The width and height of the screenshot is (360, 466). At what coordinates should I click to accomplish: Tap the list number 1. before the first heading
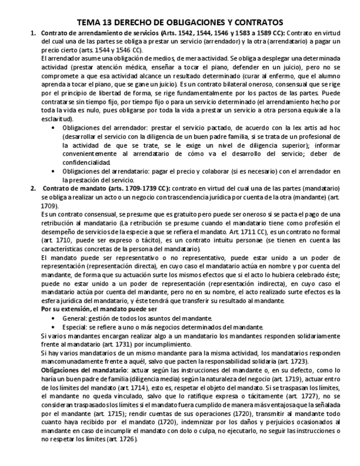click(x=32, y=33)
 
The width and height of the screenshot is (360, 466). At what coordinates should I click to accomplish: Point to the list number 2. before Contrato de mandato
click(x=32, y=188)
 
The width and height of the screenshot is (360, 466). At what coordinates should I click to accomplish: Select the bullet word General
click(x=74, y=318)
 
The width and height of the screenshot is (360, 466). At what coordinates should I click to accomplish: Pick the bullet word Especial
click(x=75, y=326)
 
